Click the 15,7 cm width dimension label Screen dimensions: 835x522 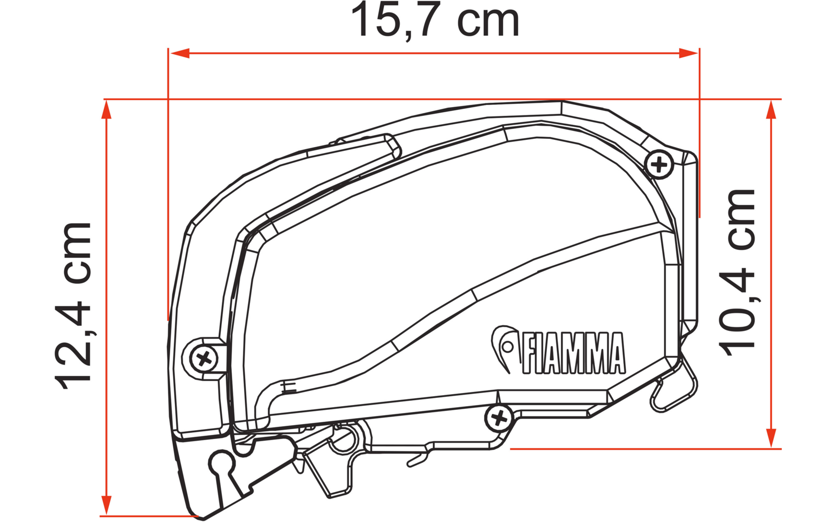click(435, 20)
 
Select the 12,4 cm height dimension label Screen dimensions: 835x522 click(73, 306)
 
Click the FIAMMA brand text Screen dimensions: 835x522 click(574, 353)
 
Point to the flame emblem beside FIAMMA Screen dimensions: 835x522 click(504, 347)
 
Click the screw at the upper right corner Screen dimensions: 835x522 click(659, 164)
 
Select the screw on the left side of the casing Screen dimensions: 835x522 click(204, 359)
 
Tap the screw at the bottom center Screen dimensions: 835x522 click(499, 418)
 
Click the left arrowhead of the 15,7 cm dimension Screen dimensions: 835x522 click(180, 53)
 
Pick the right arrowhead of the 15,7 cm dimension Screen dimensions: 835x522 click(688, 53)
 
